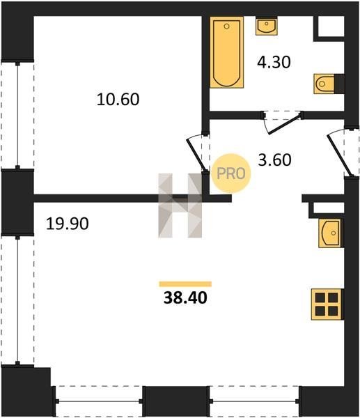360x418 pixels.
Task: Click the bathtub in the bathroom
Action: click(226, 52)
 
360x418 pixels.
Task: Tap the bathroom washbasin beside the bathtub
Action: click(267, 26)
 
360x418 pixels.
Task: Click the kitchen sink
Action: click(329, 233)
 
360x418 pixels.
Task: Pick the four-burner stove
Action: click(327, 304)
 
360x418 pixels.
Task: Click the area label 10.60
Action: click(118, 99)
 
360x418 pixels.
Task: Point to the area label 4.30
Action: click(274, 62)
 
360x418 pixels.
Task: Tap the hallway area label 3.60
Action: click(275, 160)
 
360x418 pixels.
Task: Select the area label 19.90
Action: click(67, 224)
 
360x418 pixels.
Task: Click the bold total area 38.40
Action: click(185, 297)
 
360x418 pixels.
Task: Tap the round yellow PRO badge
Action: click(231, 173)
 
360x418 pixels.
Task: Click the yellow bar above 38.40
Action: click(185, 284)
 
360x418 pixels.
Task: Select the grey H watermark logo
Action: click(180, 206)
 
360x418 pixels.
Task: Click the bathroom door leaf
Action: click(285, 124)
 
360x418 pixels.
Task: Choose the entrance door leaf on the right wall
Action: click(340, 155)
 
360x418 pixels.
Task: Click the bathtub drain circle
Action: click(227, 26)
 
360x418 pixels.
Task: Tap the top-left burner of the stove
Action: click(320, 297)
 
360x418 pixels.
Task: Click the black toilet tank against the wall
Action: click(340, 84)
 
